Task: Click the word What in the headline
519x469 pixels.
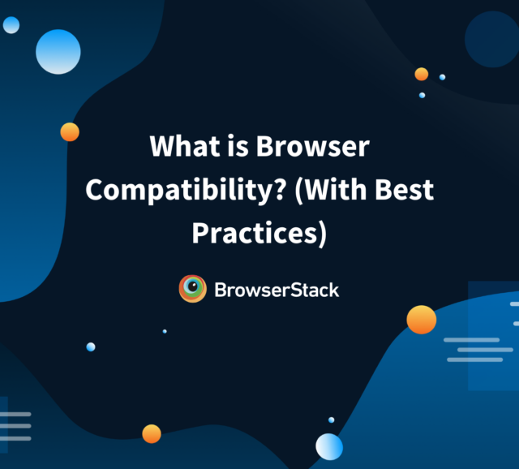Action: [x=185, y=146]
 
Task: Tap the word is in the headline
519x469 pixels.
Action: [x=238, y=146]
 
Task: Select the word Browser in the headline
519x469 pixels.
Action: [x=313, y=146]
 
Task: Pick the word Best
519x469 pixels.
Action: [x=404, y=189]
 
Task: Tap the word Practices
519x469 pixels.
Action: [x=255, y=233]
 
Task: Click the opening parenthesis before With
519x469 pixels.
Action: [x=298, y=191]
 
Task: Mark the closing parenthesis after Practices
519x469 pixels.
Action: [x=323, y=234]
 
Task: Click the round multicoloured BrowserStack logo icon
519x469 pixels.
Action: [x=193, y=289]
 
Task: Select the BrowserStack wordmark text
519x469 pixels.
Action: [x=277, y=290]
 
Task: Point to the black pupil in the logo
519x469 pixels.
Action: [x=193, y=286]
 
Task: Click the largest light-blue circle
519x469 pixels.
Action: [x=58, y=52]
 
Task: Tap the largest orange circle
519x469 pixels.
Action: [x=422, y=320]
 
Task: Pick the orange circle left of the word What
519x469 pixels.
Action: [x=70, y=131]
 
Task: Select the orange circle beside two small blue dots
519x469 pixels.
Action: [x=422, y=74]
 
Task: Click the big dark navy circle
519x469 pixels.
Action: [x=492, y=40]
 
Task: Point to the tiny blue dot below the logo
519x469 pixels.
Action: [x=165, y=331]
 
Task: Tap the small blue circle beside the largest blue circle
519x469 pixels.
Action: [x=11, y=25]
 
